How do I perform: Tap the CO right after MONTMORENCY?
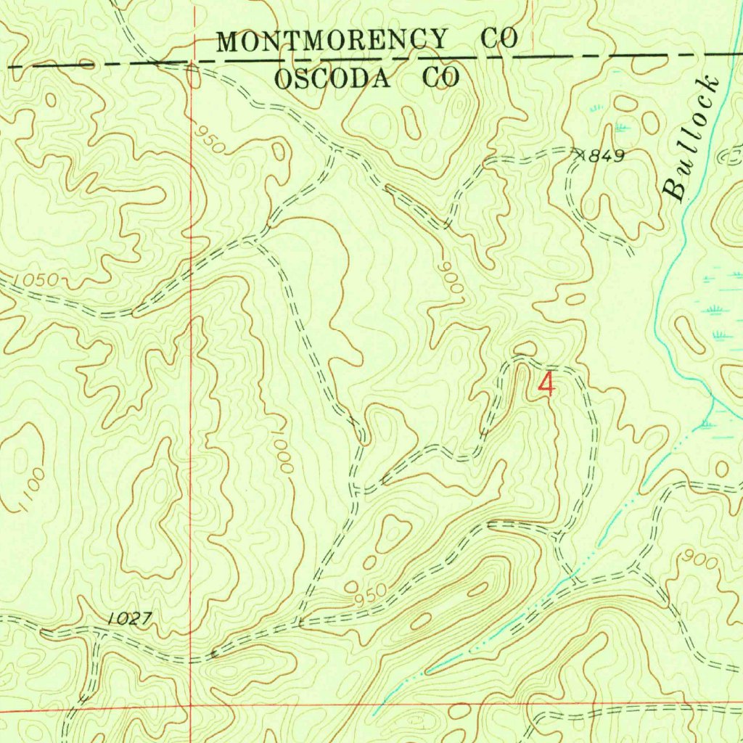tap(501, 39)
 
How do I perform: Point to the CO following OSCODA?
tap(441, 78)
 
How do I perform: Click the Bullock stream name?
tap(693, 138)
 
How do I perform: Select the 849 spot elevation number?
tap(606, 155)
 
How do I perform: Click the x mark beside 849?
tap(579, 153)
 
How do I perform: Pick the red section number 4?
tap(546, 385)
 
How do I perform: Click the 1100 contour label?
tap(31, 491)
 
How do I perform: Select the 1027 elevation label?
tap(130, 619)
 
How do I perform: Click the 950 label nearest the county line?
tap(210, 139)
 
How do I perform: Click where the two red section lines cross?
tap(190, 704)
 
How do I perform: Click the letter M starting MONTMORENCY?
tap(228, 41)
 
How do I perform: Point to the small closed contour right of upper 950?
tap(279, 152)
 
